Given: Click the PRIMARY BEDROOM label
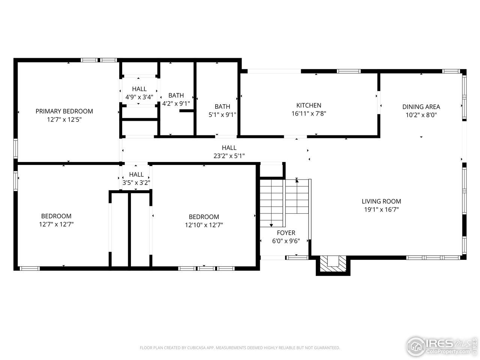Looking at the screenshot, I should pyautogui.click(x=64, y=111).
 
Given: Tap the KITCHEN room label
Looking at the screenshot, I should pyautogui.click(x=309, y=105).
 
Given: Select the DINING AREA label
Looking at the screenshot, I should pyautogui.click(x=421, y=107).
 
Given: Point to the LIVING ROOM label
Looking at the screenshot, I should pyautogui.click(x=381, y=201).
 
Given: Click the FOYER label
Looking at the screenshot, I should pyautogui.click(x=286, y=233).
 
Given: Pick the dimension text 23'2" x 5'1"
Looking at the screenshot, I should pyautogui.click(x=229, y=156).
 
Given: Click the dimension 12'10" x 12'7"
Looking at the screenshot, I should pyautogui.click(x=204, y=225).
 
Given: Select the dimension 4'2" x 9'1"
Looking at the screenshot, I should pyautogui.click(x=176, y=103).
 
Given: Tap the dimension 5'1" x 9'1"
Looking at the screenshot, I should pyautogui.click(x=222, y=115).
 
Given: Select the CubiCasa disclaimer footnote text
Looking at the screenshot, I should pyautogui.click(x=240, y=348).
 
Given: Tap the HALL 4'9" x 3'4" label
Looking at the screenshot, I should pyautogui.click(x=139, y=93).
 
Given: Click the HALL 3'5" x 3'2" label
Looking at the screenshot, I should pyautogui.click(x=136, y=178).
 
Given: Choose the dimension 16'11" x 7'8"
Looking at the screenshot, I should pyautogui.click(x=309, y=114).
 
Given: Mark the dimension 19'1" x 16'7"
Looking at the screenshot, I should pyautogui.click(x=381, y=210).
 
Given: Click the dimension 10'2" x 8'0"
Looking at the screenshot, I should pyautogui.click(x=421, y=115).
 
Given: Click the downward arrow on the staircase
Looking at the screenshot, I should pyautogui.click(x=271, y=224).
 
